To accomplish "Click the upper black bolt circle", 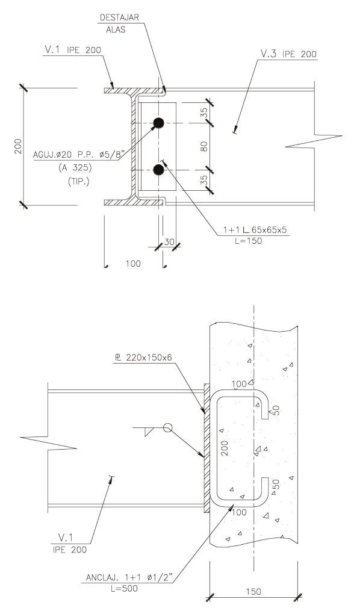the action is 158,123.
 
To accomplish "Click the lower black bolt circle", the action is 158,170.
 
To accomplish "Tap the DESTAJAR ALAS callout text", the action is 119,23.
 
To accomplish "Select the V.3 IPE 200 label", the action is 289,54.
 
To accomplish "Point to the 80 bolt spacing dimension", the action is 205,146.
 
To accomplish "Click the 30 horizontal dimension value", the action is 169,242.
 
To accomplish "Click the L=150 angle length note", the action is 249,241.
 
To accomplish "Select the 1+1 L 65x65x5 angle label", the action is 255,230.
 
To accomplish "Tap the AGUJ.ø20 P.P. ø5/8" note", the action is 78,155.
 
